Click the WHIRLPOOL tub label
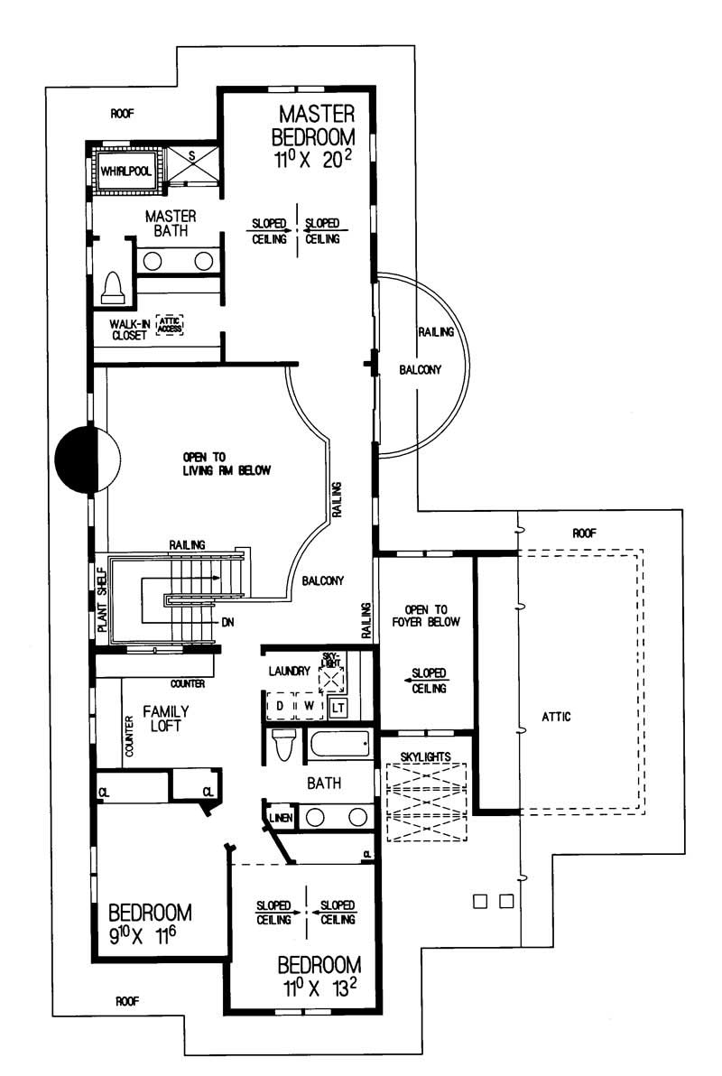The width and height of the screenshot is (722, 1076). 125,170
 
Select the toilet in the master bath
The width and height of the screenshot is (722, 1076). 114,286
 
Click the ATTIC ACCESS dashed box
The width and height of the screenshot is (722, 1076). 169,324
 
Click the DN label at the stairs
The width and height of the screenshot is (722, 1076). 228,622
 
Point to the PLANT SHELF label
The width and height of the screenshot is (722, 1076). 101,598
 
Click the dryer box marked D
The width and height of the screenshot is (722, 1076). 280,704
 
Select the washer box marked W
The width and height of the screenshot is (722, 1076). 309,704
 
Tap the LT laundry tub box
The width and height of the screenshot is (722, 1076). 338,707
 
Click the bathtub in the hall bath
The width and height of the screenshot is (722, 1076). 339,746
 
